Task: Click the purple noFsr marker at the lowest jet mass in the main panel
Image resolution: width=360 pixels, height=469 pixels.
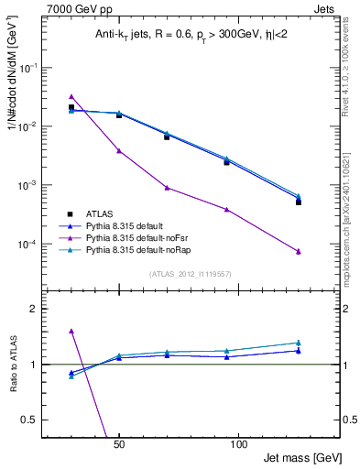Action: tap(71, 96)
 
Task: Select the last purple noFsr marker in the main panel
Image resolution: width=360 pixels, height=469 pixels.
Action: tap(299, 251)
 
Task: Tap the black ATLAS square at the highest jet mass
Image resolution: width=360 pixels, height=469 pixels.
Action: tap(299, 202)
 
